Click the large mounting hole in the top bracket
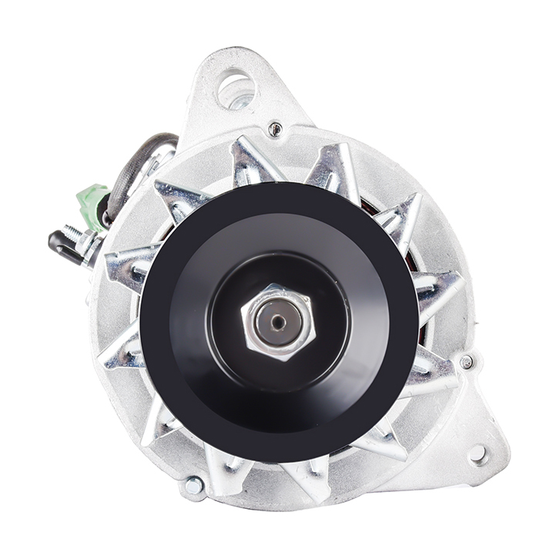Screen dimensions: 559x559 236,89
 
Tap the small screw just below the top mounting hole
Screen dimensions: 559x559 275,129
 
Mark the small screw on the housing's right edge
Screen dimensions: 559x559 466,361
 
